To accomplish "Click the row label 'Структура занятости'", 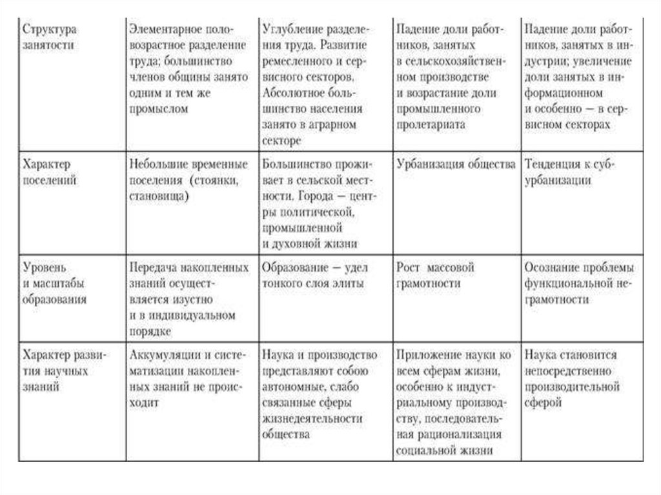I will pos(50,37).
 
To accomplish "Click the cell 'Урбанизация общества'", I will pos(456,164).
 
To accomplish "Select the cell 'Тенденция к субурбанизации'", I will pos(571,172).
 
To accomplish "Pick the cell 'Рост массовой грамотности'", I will pos(436,274).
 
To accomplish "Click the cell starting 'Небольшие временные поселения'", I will pos(187,180).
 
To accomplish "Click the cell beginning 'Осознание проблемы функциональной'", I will pos(579,283).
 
